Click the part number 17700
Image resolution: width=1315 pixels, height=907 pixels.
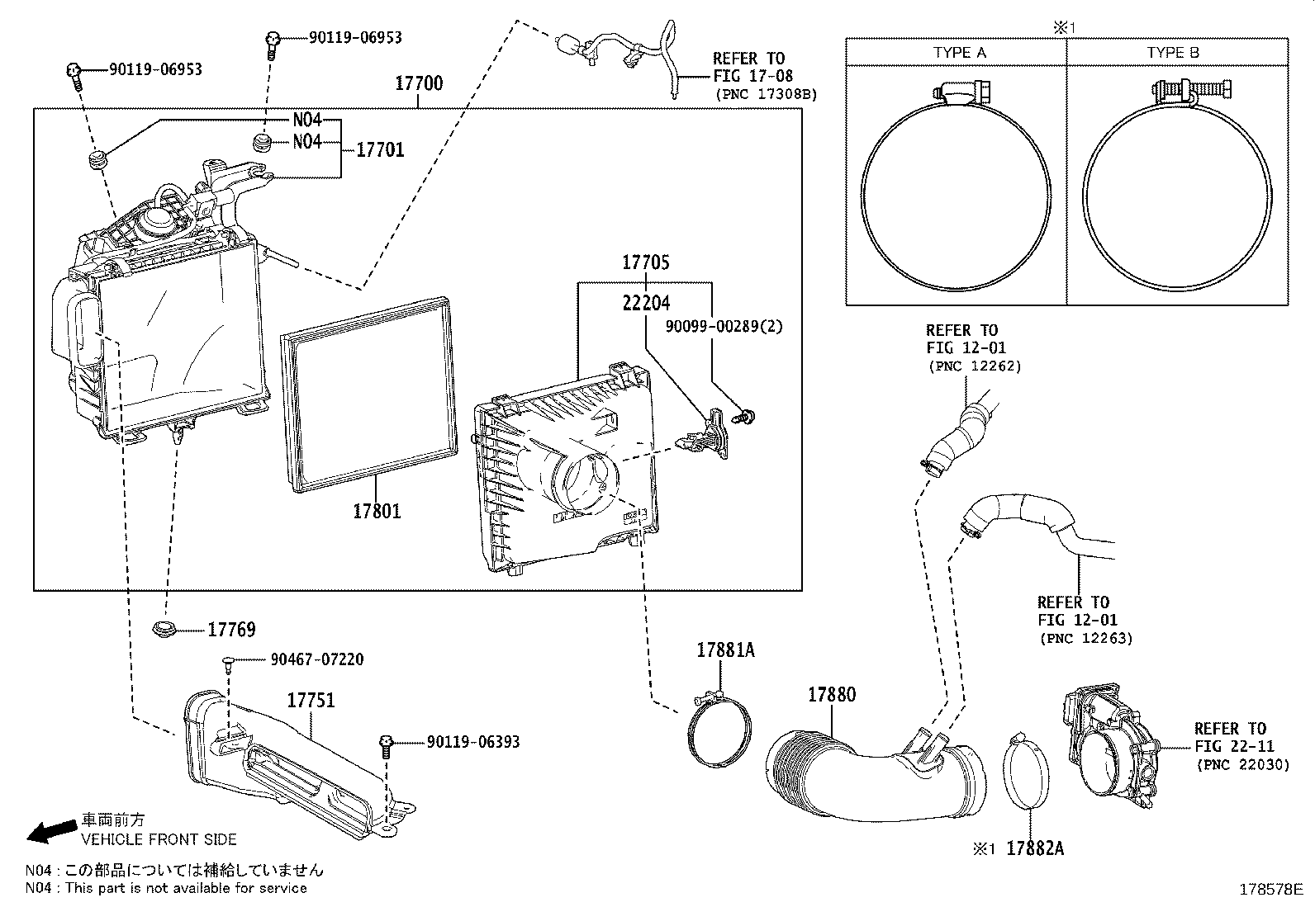pos(418,83)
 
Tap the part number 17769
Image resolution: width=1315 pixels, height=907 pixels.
pos(231,630)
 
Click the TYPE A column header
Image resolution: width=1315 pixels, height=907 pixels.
pos(959,53)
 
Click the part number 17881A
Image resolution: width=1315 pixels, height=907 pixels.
pos(725,650)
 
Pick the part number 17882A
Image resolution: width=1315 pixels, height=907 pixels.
pos(1035,849)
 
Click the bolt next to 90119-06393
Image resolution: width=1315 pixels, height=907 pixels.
pos(385,744)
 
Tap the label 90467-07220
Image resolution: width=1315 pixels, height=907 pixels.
pos(317,659)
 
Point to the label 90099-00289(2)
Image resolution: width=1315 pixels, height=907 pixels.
pos(724,327)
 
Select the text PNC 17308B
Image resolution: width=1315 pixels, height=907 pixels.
pos(766,94)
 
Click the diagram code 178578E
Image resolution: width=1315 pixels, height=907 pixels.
pos(1270,890)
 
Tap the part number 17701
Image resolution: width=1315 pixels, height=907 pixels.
pos(380,149)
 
